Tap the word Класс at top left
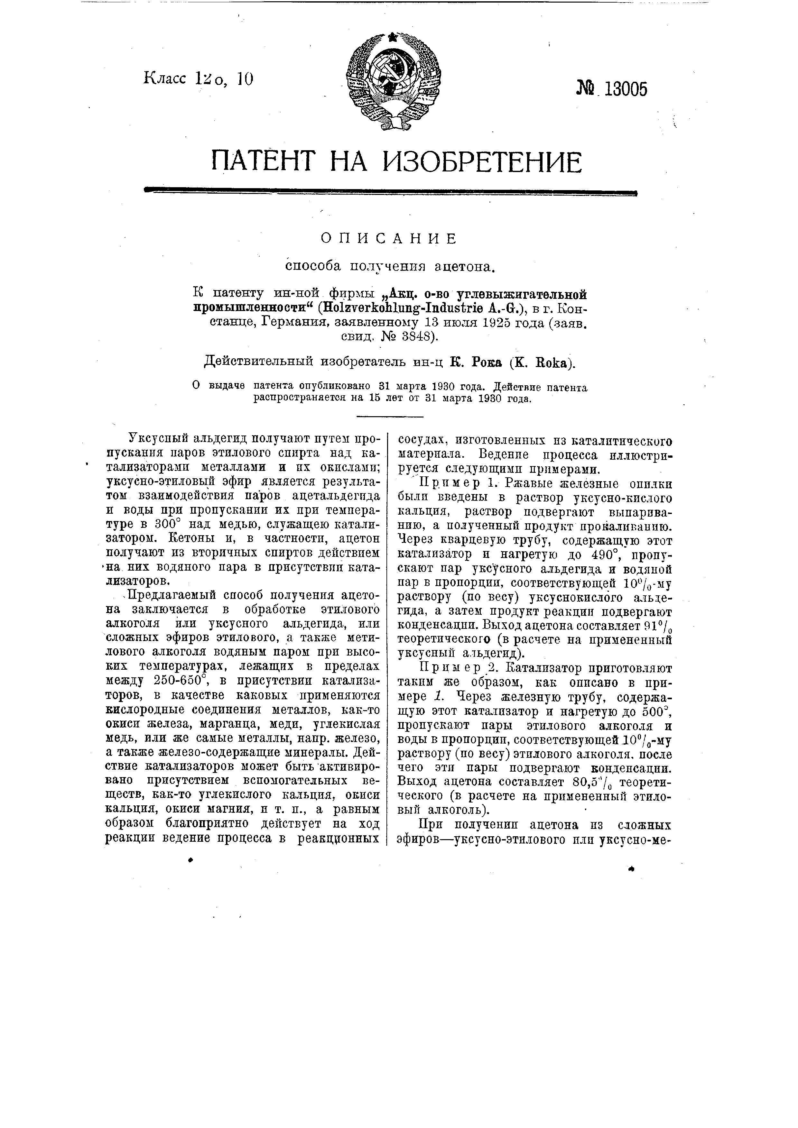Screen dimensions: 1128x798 click(x=165, y=78)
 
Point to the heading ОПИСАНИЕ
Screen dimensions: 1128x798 click(x=389, y=239)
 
